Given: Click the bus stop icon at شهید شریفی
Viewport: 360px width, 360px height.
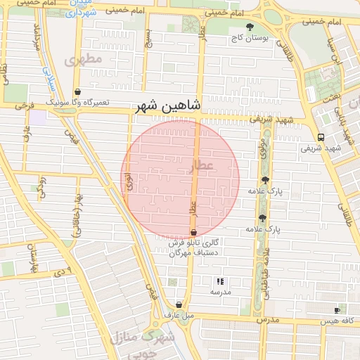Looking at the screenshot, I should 321,137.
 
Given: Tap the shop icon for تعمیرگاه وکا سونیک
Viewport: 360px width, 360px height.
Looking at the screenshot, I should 77,92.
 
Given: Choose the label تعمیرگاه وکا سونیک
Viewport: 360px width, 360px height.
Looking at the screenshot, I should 78,103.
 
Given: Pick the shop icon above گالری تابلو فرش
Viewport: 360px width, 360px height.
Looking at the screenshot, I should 193,232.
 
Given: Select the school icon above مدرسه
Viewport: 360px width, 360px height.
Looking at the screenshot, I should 221,281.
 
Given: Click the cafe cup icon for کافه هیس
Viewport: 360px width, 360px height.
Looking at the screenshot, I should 337,310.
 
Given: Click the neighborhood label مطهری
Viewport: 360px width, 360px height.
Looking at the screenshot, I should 84,60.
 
